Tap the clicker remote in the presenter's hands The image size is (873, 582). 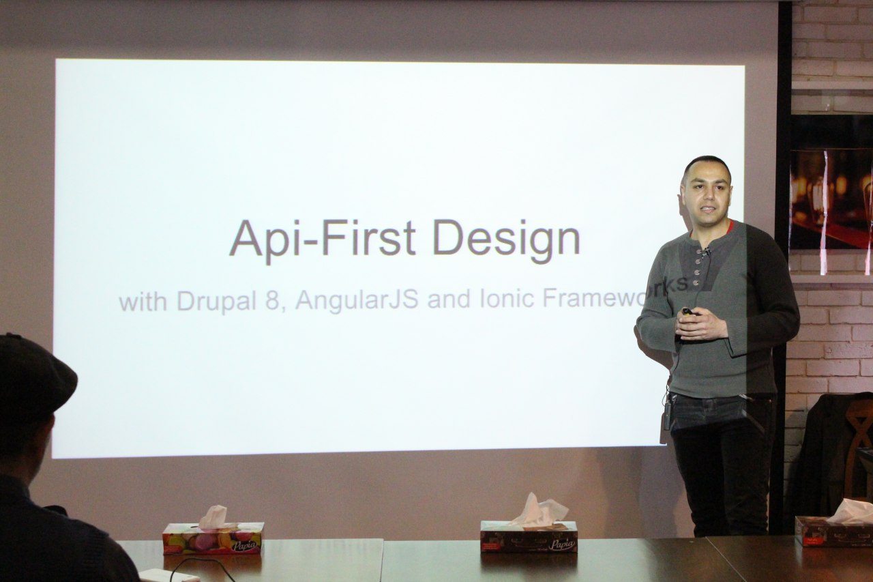687,311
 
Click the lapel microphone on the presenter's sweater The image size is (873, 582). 706,252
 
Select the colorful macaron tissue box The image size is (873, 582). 213,538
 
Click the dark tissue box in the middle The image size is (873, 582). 529,536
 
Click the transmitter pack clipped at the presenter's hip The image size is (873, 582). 667,414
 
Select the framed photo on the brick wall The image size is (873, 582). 831,198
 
